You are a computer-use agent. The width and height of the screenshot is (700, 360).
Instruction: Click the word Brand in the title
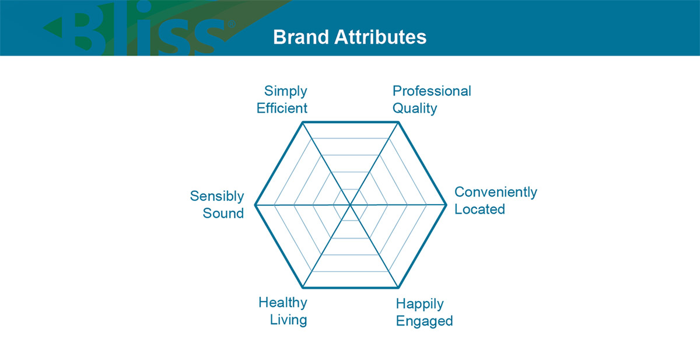pos(300,37)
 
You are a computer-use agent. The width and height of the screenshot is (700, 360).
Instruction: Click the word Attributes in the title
pos(380,37)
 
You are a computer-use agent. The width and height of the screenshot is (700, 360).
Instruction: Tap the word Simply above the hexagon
pos(286,92)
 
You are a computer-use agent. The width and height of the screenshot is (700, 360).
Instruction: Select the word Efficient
pos(282,108)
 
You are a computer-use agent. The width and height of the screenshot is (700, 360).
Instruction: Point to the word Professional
pos(432,91)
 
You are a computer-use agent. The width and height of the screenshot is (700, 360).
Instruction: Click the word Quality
pos(415,109)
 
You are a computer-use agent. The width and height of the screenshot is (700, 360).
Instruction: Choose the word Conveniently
pos(496,193)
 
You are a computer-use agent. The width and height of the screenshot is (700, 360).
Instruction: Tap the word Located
pos(480,209)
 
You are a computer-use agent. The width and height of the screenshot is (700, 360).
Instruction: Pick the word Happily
pos(419,304)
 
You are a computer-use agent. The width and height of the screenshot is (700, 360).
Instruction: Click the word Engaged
pos(425,321)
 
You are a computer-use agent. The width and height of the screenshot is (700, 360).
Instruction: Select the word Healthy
pos(283,303)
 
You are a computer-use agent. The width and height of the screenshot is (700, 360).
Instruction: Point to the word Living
pos(288,320)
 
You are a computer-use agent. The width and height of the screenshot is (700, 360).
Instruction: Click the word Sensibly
pos(217,197)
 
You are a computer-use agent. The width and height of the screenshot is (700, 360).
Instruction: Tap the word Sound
pos(223,213)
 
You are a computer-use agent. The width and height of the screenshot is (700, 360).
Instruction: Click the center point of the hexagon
pos(351,205)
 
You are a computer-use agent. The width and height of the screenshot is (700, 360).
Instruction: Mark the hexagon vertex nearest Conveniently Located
pos(446,205)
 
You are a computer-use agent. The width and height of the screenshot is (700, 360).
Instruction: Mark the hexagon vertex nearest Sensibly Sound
pos(255,205)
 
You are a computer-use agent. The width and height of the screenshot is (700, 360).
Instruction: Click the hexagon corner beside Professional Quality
pos(398,122)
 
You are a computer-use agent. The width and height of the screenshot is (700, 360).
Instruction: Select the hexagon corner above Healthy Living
pos(303,288)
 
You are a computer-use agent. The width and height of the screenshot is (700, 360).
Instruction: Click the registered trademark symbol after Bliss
pos(232,24)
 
